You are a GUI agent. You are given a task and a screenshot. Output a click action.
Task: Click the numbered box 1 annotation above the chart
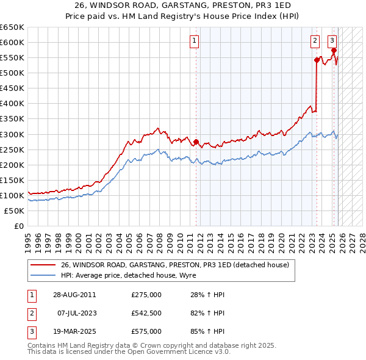tap(194, 41)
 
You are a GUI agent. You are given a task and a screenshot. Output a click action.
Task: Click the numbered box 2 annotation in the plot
tap(315, 41)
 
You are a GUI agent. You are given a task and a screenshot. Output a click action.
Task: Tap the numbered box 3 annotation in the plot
tap(332, 41)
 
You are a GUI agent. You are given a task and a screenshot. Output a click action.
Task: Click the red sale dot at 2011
tap(196, 142)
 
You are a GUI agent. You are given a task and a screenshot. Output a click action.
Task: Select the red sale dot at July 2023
tap(317, 60)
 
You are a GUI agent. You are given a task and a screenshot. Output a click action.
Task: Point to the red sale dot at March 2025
tap(334, 50)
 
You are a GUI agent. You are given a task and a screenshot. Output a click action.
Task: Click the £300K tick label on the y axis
tap(12, 134)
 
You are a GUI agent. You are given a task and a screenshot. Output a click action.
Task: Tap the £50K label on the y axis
tap(14, 211)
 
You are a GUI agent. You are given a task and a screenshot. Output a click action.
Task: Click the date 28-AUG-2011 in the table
tap(74, 295)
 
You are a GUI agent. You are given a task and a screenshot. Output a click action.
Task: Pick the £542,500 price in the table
tap(146, 313)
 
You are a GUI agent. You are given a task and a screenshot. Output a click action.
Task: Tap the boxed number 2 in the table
tap(30, 313)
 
